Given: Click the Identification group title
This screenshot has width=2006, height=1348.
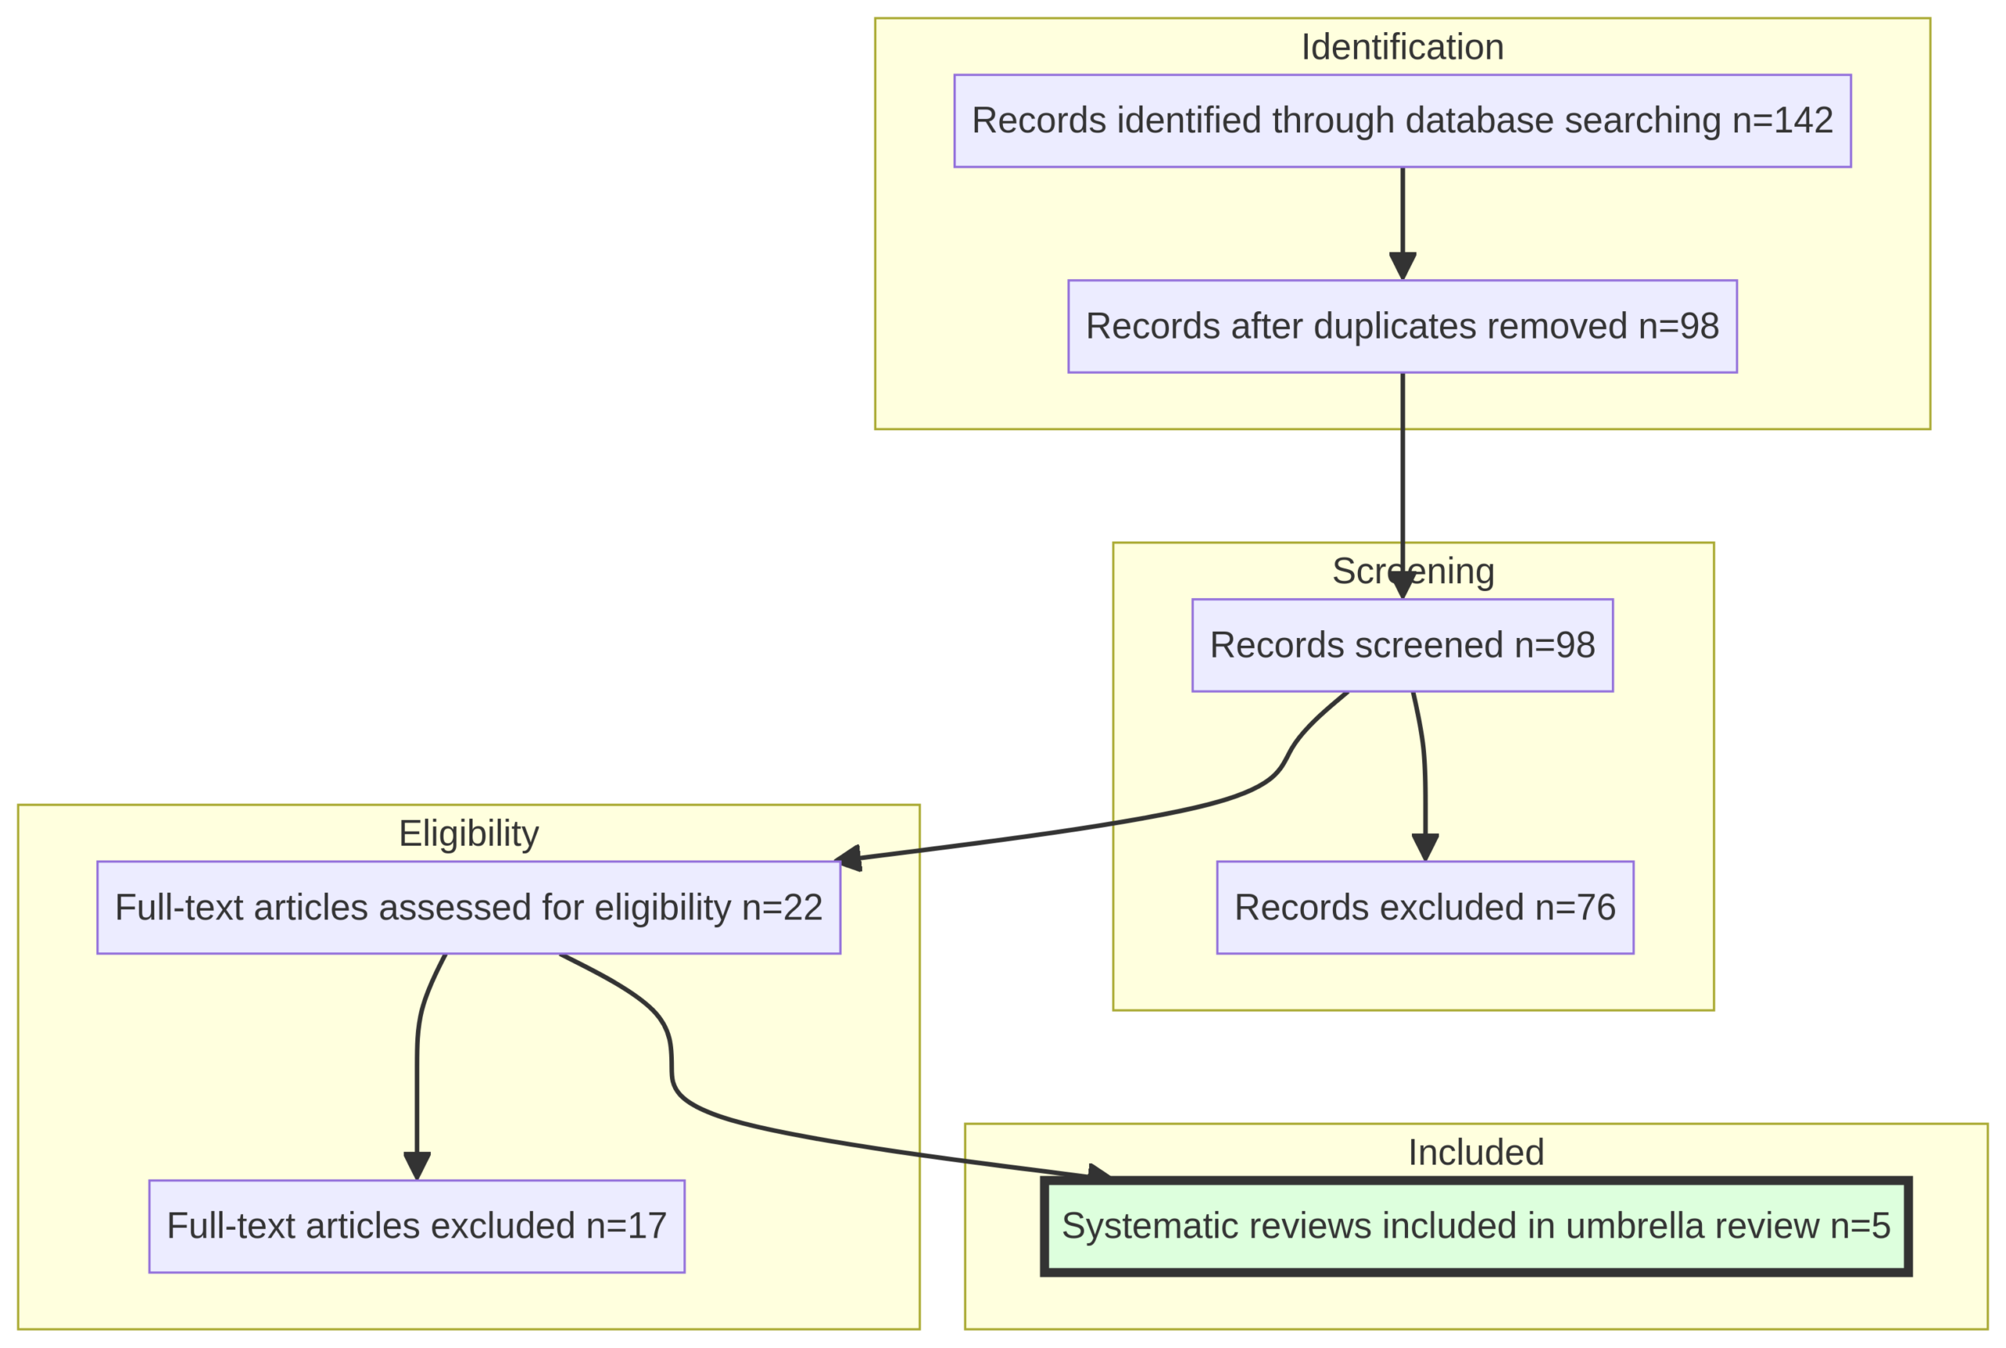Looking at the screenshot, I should (x=1402, y=47).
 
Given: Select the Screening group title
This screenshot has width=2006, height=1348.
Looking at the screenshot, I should (x=1413, y=571).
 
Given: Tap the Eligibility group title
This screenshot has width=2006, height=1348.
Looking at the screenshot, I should (x=469, y=833).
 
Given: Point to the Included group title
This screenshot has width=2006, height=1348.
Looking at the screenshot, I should (x=1476, y=1152).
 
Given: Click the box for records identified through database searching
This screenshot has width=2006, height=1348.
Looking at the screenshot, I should (x=1402, y=121).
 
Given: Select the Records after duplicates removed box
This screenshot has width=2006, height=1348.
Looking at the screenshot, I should (x=1402, y=327).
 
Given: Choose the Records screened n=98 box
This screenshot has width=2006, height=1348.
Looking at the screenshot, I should (x=1402, y=645).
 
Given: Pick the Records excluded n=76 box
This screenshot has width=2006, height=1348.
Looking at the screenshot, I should (x=1424, y=907).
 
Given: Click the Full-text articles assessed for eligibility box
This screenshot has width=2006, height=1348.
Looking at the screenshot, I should (x=469, y=907).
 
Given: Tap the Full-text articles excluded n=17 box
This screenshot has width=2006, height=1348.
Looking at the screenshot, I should (x=417, y=1226).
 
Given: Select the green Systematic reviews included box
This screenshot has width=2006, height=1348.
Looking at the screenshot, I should (x=1476, y=1226).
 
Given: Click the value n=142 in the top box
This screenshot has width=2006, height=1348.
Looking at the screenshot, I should (x=1783, y=121).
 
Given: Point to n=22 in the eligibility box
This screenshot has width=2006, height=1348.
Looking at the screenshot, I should (x=782, y=907).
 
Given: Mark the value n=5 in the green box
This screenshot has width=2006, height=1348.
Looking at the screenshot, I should (x=1860, y=1226).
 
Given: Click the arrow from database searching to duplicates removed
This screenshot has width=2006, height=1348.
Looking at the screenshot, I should (x=1402, y=215).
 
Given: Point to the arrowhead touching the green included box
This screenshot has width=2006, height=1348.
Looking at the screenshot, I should (x=1098, y=1172).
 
